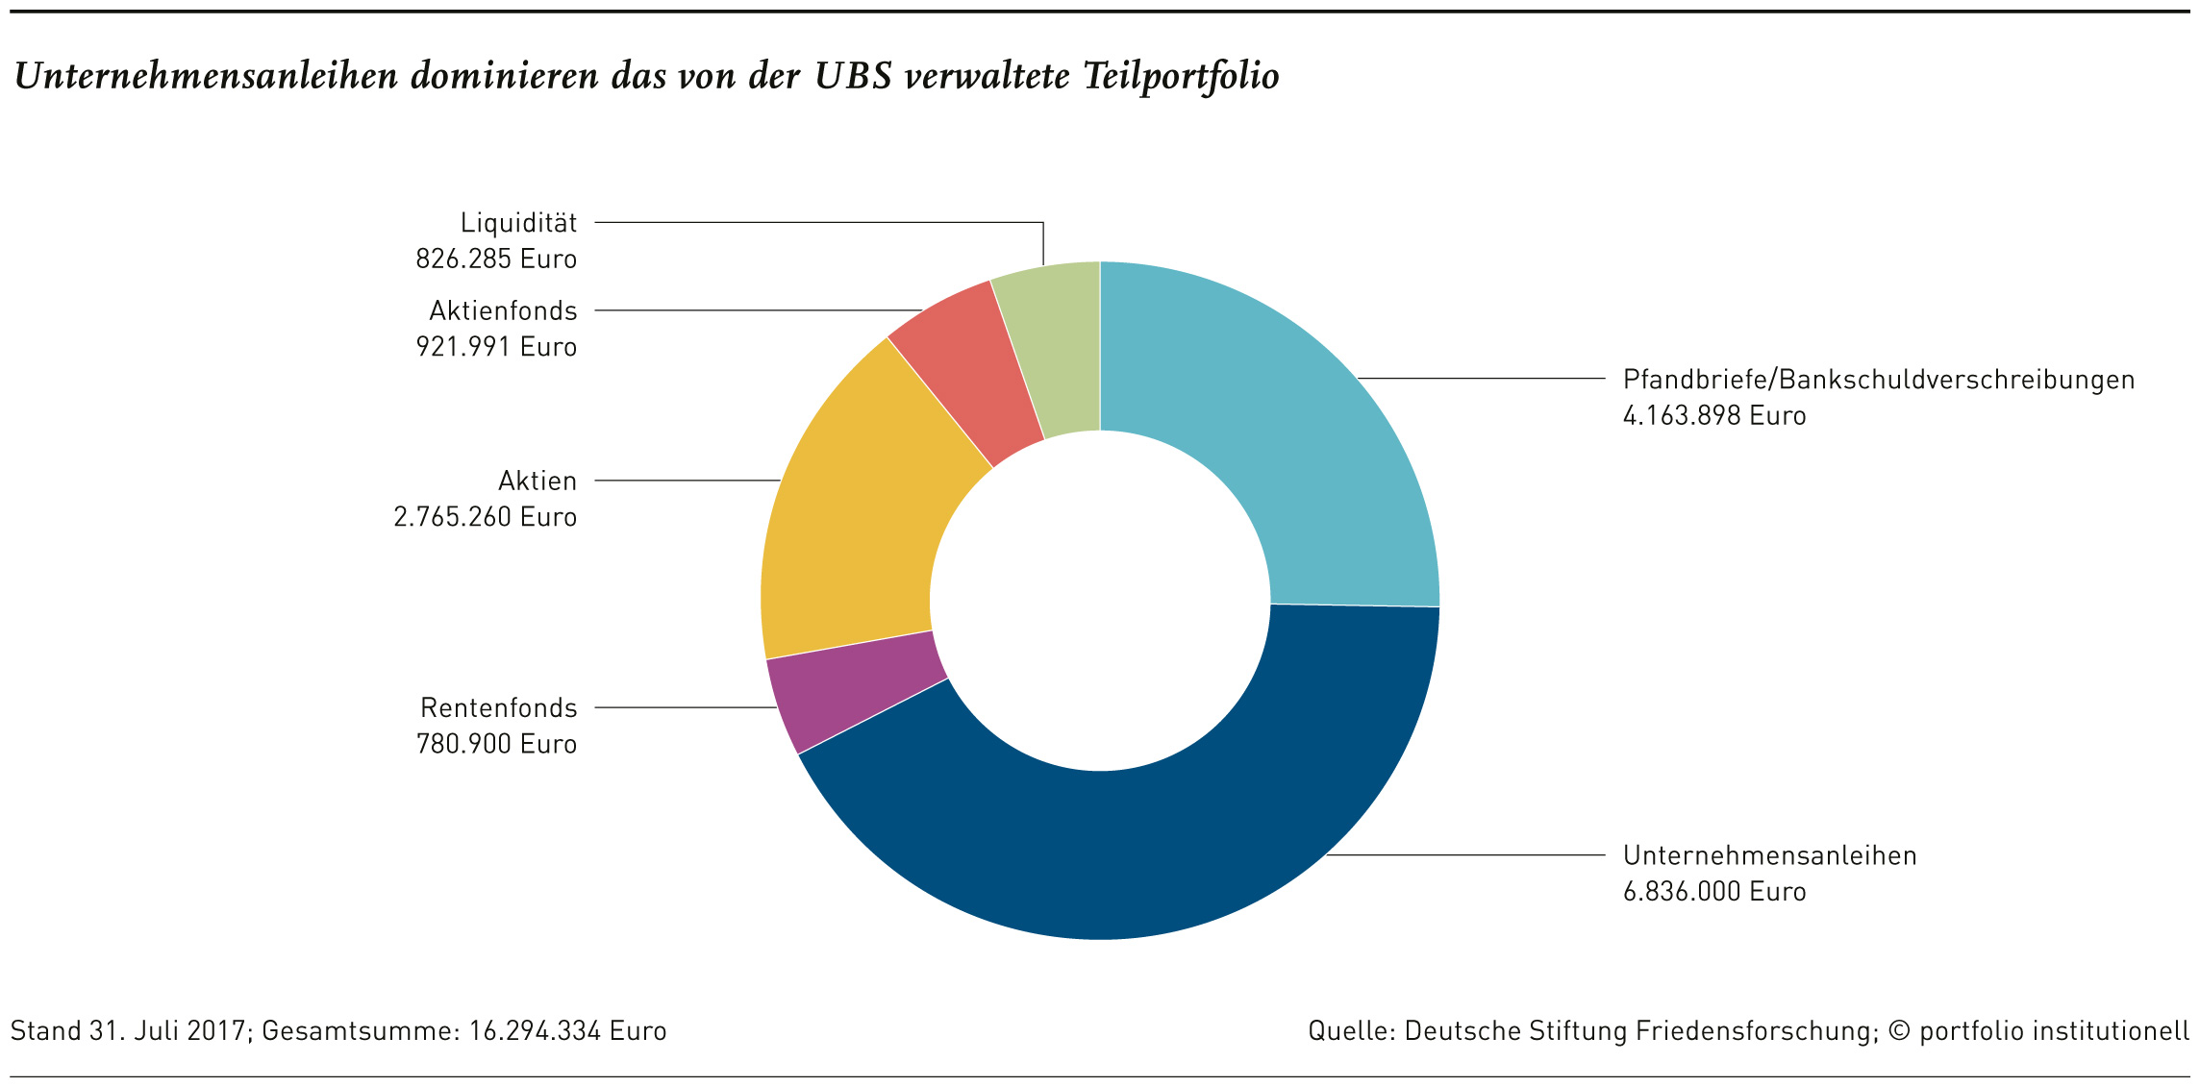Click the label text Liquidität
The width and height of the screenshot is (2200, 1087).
tap(519, 223)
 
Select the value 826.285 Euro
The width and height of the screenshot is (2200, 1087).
tap(496, 259)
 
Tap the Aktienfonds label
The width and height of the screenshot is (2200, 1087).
tap(503, 310)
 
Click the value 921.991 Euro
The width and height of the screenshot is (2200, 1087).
tap(496, 347)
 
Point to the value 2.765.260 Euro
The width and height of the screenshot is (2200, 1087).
tap(486, 517)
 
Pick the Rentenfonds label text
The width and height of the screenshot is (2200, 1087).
tap(499, 708)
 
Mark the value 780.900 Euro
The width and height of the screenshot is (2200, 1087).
tap(496, 744)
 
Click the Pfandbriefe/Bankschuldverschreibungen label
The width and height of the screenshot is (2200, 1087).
tap(1879, 380)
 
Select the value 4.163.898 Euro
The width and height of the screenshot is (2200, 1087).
tap(1714, 416)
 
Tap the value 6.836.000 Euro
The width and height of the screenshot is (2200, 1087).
tap(1714, 892)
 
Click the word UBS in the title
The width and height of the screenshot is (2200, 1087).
tap(854, 76)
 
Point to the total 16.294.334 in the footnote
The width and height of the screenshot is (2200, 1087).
tap(535, 1031)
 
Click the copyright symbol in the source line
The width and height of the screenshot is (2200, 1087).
tap(1899, 1031)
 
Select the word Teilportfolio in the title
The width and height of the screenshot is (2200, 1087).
tap(1181, 77)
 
